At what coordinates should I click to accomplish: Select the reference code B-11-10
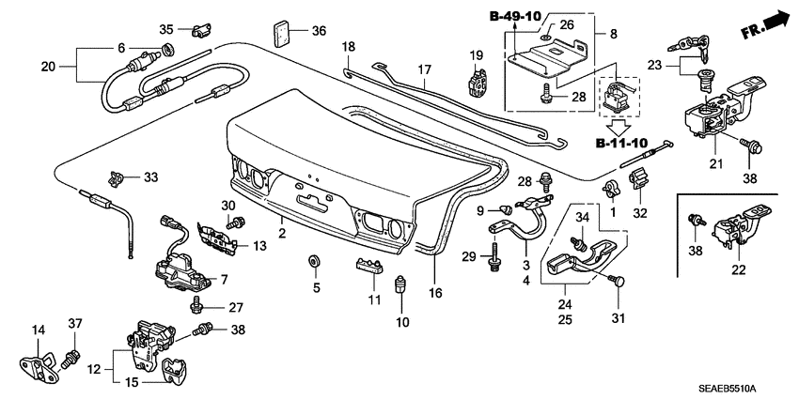click(621, 144)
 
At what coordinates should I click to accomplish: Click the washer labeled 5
click(312, 259)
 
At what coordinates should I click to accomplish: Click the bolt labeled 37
click(69, 359)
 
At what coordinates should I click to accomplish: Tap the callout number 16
click(434, 291)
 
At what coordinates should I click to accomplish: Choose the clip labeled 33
click(117, 176)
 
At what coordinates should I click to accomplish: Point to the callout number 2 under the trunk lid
click(281, 232)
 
